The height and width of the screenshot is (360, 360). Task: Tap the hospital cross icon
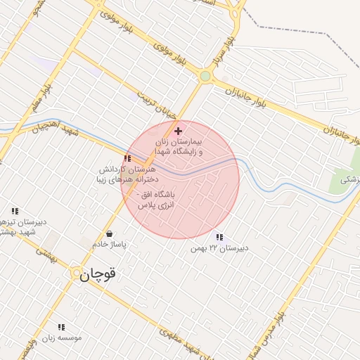point(178,131)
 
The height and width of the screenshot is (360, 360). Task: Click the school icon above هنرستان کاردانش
point(127,158)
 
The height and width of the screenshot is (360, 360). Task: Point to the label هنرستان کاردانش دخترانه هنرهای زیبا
point(127,174)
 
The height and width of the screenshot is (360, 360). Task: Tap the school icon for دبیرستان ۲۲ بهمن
point(220,238)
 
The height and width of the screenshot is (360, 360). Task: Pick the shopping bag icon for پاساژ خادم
point(109,233)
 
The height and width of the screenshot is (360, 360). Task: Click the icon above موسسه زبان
point(60,327)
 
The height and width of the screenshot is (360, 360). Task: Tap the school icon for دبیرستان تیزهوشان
point(15,211)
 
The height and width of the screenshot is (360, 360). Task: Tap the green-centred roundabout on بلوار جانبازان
point(205,76)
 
